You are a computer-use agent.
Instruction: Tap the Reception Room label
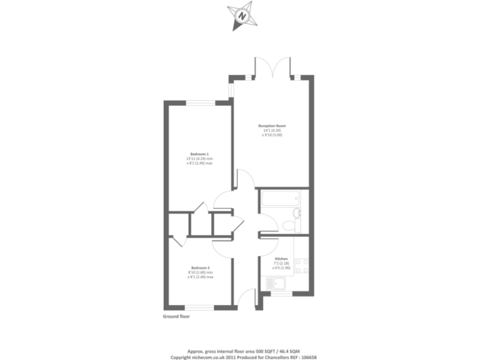(272, 126)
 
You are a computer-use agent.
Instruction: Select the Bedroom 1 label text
(199, 154)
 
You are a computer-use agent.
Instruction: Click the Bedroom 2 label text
(199, 267)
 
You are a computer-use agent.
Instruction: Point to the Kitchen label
(281, 258)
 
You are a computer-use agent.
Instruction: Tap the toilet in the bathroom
(288, 226)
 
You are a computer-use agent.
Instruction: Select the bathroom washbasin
(297, 214)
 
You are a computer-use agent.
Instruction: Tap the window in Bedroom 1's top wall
(199, 102)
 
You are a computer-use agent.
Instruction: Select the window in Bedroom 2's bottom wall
(199, 307)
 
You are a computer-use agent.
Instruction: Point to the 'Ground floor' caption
(176, 317)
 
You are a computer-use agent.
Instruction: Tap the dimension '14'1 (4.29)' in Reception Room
(272, 131)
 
